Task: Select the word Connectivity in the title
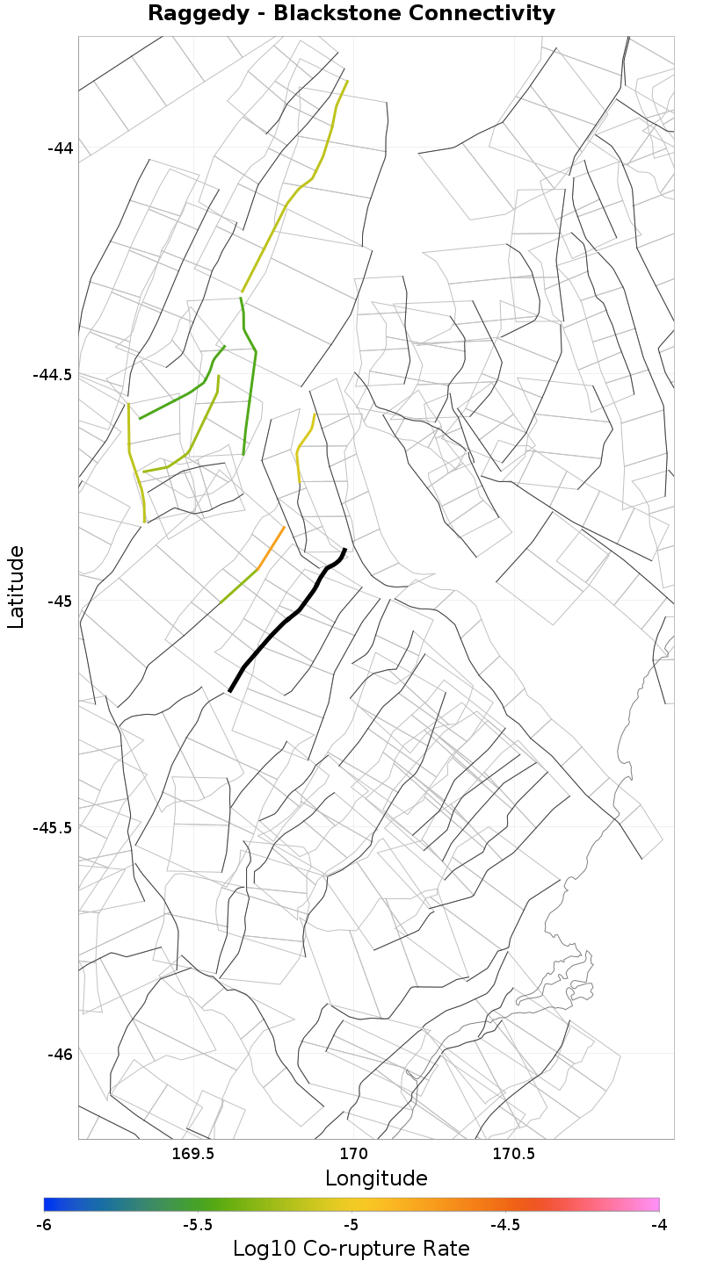475,14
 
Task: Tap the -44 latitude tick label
60,148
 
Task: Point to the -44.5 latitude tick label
53,375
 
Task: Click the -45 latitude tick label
60,602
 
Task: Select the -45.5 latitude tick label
53,828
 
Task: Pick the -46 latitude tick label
60,1054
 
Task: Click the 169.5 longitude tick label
192,1152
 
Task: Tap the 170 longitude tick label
353,1152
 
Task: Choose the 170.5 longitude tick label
514,1152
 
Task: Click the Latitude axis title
16,587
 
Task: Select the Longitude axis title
376,1178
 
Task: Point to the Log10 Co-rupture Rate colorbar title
351,1249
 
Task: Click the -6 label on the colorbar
44,1225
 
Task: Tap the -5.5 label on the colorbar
198,1225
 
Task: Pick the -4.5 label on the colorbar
504,1225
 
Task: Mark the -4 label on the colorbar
658,1225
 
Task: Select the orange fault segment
272,547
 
